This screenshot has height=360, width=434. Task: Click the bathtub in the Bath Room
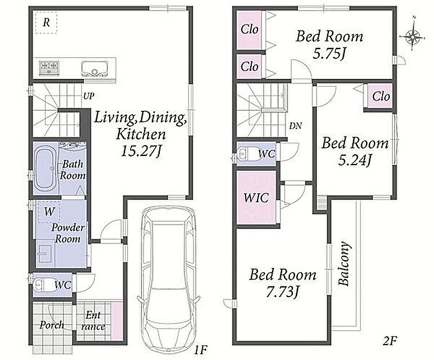point(46,169)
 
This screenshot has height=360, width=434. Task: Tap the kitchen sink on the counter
point(94,69)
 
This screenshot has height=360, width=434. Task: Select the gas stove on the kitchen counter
point(49,67)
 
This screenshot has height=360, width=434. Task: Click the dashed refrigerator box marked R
point(46,23)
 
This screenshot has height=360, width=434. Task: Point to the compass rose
point(413,37)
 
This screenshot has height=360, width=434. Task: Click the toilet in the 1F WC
point(39,284)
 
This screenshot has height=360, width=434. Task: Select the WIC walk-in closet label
point(256,198)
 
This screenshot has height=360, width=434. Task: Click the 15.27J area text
point(141,151)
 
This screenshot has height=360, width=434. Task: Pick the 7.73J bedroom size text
point(283,292)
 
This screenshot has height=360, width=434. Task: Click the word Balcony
point(344,263)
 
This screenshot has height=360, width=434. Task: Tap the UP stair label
point(89,96)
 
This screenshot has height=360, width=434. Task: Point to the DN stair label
point(296,126)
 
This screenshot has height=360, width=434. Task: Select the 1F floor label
point(200,350)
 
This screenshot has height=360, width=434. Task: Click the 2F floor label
point(389,341)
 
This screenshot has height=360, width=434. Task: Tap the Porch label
point(52,325)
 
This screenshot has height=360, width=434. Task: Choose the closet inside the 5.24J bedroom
point(381,96)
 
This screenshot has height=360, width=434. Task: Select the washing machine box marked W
point(49,212)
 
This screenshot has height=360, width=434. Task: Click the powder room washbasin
point(45,254)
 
